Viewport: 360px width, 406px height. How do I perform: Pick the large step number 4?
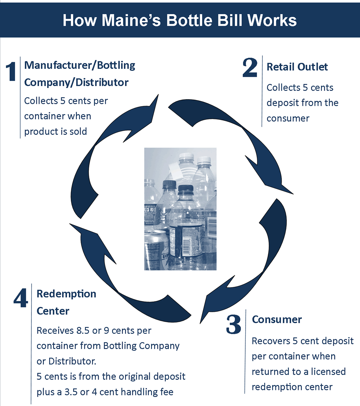pyautogui.click(x=21, y=298)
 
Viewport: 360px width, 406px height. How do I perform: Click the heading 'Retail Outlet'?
pyautogui.click(x=297, y=67)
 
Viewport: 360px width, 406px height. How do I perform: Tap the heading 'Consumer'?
pyautogui.click(x=277, y=319)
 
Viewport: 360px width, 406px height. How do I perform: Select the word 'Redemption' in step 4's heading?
pyautogui.click(x=66, y=294)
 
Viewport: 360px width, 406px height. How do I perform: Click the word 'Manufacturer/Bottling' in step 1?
pyautogui.click(x=79, y=65)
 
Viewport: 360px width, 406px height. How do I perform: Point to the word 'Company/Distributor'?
pyautogui.click(x=76, y=82)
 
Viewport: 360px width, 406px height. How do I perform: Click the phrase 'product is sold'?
pyautogui.click(x=55, y=131)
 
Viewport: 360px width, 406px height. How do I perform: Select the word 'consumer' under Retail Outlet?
pyautogui.click(x=288, y=118)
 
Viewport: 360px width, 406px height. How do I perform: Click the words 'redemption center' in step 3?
pyautogui.click(x=292, y=387)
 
